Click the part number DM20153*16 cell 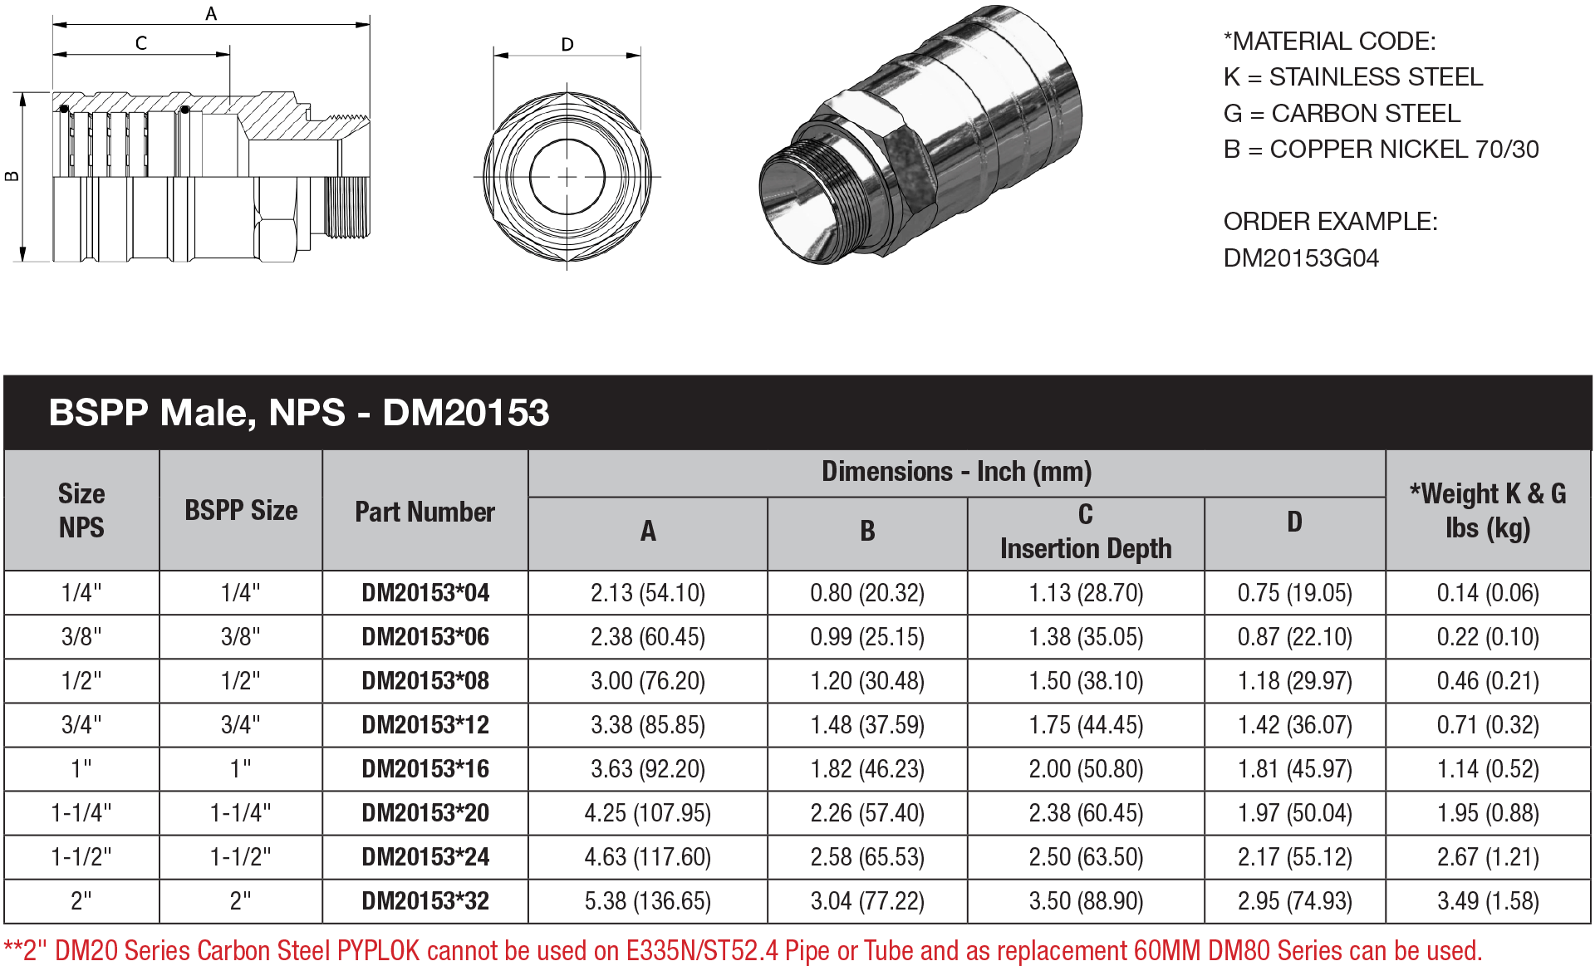[x=425, y=769]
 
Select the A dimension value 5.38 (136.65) [x=647, y=901]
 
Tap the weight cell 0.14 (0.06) [x=1488, y=593]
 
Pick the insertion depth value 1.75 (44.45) [x=1086, y=725]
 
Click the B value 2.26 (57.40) [x=867, y=813]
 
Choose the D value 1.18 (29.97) [x=1294, y=681]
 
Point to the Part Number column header [x=425, y=512]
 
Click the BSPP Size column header [x=241, y=510]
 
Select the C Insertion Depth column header [x=1086, y=532]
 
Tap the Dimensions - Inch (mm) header [x=956, y=472]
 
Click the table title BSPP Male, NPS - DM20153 [x=299, y=413]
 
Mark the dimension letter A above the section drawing [x=211, y=13]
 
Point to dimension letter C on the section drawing [x=141, y=42]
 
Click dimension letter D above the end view [x=567, y=44]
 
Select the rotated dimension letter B [x=12, y=175]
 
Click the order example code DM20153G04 [x=1301, y=258]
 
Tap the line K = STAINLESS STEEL [x=1352, y=77]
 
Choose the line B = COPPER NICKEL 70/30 [x=1381, y=150]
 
